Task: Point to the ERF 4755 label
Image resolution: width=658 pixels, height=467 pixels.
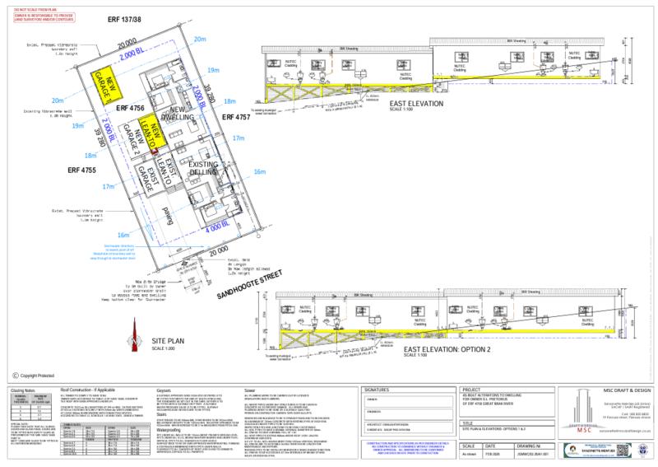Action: click(x=84, y=170)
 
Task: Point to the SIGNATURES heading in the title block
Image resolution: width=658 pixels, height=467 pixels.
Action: click(x=378, y=388)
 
